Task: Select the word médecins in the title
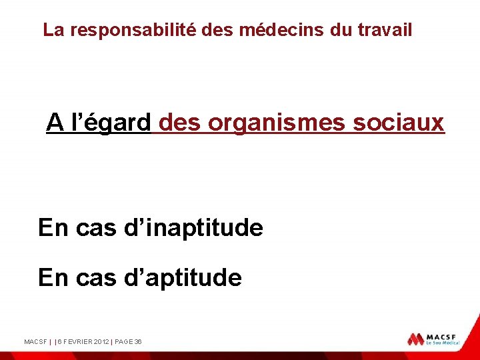[x=281, y=30]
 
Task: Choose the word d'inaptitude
[x=193, y=228]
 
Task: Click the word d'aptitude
[x=183, y=277]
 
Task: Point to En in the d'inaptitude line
[x=53, y=228]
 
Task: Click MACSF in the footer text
[x=35, y=342]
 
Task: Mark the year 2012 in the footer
[x=101, y=342]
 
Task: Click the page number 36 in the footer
[x=138, y=342]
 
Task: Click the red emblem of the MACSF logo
[x=416, y=339]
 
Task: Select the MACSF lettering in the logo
[x=443, y=336]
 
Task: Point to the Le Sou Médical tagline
[x=444, y=344]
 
